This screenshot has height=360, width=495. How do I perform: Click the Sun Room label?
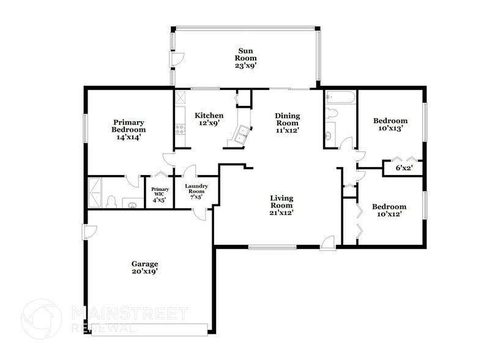point(245,58)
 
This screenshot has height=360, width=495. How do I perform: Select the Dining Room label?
point(286,122)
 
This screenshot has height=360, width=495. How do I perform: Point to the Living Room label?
point(282,205)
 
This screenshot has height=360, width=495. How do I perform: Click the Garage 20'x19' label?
point(144,268)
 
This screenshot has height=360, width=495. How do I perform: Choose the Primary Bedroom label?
point(128,129)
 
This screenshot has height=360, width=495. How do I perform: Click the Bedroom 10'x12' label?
point(390,211)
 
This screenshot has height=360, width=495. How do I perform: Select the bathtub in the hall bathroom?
point(340,97)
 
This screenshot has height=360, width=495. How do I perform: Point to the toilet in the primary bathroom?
point(111,201)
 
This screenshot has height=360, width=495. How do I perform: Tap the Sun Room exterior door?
point(176,59)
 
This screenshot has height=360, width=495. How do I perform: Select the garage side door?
point(89,232)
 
